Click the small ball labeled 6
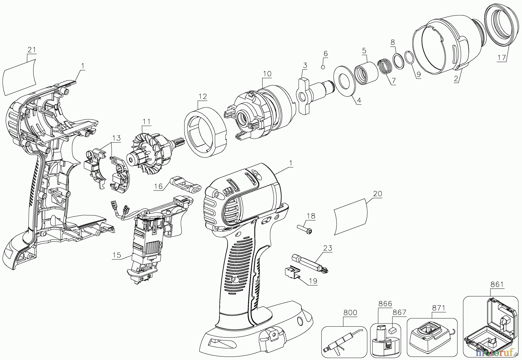[x=323, y=67]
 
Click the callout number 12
[x=203, y=96]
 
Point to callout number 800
[x=350, y=313]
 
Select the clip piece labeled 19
[x=292, y=272]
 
